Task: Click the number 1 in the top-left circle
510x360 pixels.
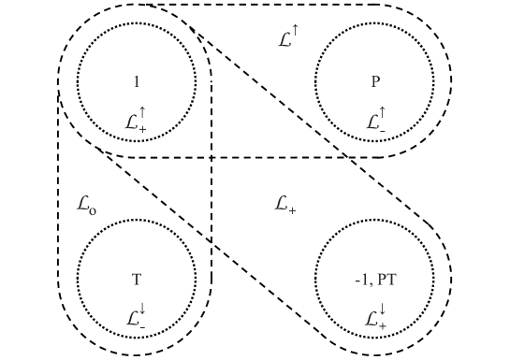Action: coord(137,81)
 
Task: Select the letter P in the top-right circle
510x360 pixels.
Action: coord(375,81)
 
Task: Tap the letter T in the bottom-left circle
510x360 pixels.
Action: coord(137,279)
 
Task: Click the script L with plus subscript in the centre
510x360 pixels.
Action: coord(284,204)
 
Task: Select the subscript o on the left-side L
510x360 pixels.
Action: coord(92,209)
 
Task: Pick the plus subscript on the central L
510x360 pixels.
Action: coord(293,209)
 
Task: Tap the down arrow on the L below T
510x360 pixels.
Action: coord(142,309)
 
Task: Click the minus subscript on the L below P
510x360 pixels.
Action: coord(382,130)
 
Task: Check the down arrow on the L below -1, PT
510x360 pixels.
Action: coord(381,309)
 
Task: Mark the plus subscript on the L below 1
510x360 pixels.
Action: coord(143,130)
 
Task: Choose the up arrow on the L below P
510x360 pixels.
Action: coord(381,113)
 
